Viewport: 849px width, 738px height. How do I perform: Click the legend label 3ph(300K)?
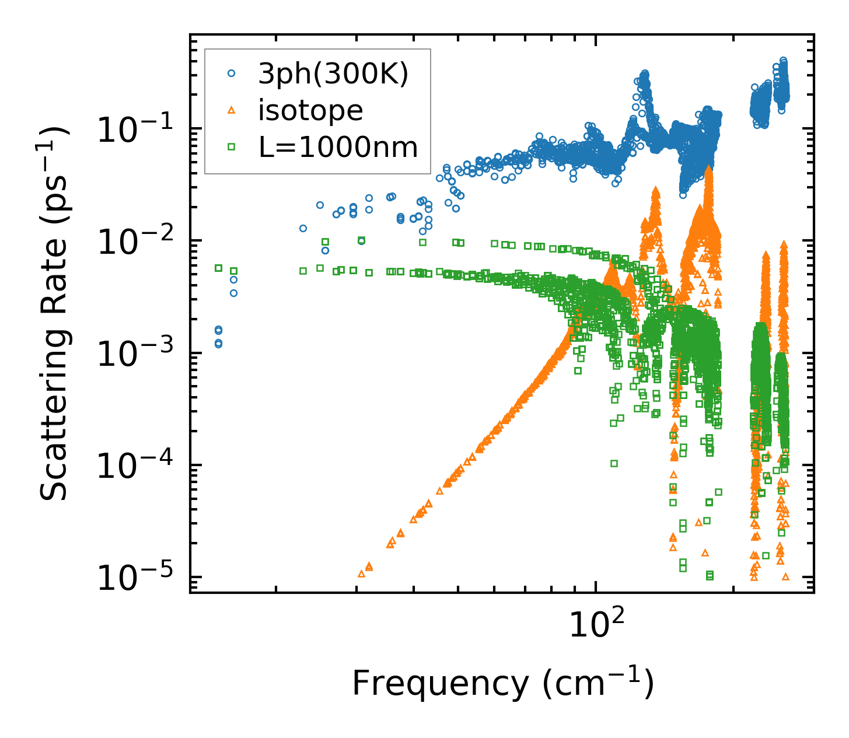click(333, 74)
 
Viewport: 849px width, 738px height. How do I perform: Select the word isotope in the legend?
click(310, 110)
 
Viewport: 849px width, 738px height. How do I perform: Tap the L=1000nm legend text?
click(338, 148)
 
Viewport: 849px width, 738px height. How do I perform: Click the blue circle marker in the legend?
click(231, 74)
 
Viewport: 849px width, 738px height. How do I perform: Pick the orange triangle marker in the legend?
click(231, 110)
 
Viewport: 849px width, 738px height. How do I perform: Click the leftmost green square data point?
click(219, 268)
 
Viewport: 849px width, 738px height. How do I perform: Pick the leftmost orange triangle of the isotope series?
click(361, 574)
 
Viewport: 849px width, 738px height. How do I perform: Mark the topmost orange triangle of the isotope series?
click(709, 168)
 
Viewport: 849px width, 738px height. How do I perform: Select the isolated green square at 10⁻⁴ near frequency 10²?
click(614, 463)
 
